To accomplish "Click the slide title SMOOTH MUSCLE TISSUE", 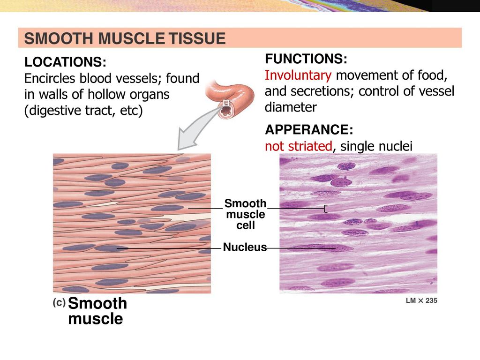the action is coord(125,38).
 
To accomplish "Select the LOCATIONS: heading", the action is coord(65,62).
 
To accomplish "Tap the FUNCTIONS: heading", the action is coord(306,59).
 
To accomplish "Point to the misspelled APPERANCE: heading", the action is coord(309,130).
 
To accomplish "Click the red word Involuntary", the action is coord(298,75).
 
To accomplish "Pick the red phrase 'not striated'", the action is coord(299,146).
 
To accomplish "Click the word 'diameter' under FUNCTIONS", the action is coord(291,107).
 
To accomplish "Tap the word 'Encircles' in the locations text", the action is coord(50,78).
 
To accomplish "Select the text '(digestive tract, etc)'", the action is coord(83,111).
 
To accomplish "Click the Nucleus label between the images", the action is coord(245,247).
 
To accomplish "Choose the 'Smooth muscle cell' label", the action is coord(245,214).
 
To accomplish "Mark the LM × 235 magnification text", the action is coord(421,300).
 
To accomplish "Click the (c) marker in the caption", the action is coord(59,303).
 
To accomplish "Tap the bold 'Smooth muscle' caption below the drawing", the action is coord(97,311).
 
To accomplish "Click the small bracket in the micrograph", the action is coord(325,209).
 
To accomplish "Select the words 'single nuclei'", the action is coord(376,146).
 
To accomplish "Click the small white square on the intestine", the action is coord(226,103).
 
